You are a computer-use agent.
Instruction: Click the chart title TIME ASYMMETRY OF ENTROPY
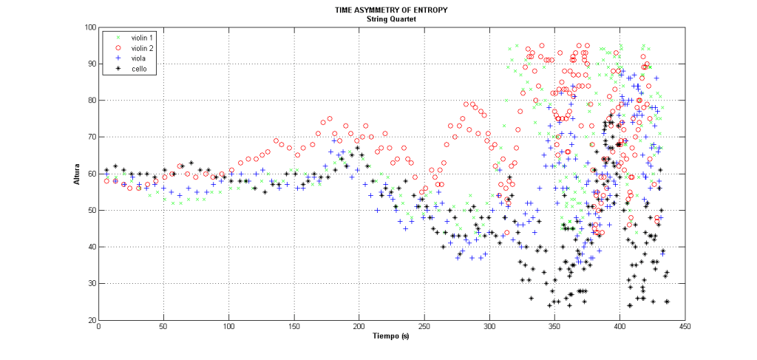(x=391, y=10)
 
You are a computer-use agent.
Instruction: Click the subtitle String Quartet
(x=391, y=18)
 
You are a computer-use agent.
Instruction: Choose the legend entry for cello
(x=130, y=69)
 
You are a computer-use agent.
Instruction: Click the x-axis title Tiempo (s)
(x=391, y=337)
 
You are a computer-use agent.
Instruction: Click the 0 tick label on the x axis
(x=99, y=327)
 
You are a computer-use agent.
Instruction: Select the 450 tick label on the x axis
(x=685, y=327)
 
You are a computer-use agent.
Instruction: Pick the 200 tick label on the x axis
(x=359, y=327)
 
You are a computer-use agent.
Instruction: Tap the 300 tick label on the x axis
(x=489, y=327)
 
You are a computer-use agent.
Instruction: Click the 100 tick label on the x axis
(x=229, y=327)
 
